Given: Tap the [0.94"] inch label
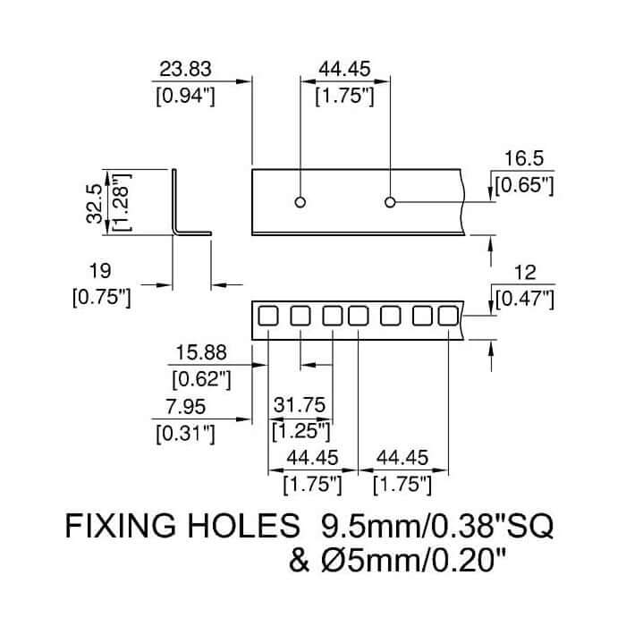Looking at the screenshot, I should (186, 95).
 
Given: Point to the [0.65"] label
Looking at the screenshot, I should (524, 185).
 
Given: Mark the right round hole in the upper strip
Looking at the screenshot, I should (390, 202).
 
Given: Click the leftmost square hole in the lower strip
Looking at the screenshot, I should (267, 316).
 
